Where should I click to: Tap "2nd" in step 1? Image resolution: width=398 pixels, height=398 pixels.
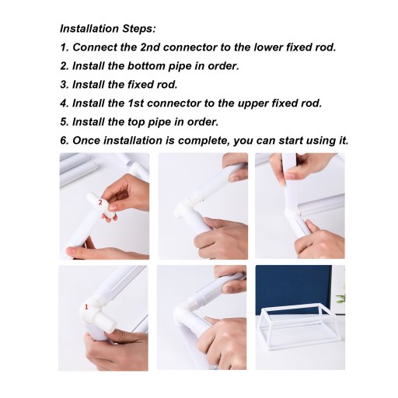pyautogui.click(x=150, y=47)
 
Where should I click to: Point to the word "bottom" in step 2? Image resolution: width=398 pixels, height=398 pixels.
pyautogui.click(x=146, y=66)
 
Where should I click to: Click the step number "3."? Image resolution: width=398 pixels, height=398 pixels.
pyautogui.click(x=65, y=85)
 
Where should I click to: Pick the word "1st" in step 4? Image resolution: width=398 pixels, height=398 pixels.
pyautogui.click(x=135, y=103)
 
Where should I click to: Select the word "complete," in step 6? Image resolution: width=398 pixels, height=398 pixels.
pyautogui.click(x=203, y=141)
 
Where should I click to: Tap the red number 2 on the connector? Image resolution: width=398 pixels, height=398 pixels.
pyautogui.click(x=100, y=202)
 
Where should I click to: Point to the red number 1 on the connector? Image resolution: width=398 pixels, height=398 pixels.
pyautogui.click(x=86, y=307)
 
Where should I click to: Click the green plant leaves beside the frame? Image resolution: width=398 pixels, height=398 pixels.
pyautogui.click(x=341, y=297)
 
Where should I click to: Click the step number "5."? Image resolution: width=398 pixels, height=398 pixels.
pyautogui.click(x=65, y=122)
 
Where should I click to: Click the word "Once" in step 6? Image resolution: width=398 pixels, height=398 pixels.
pyautogui.click(x=86, y=141)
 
